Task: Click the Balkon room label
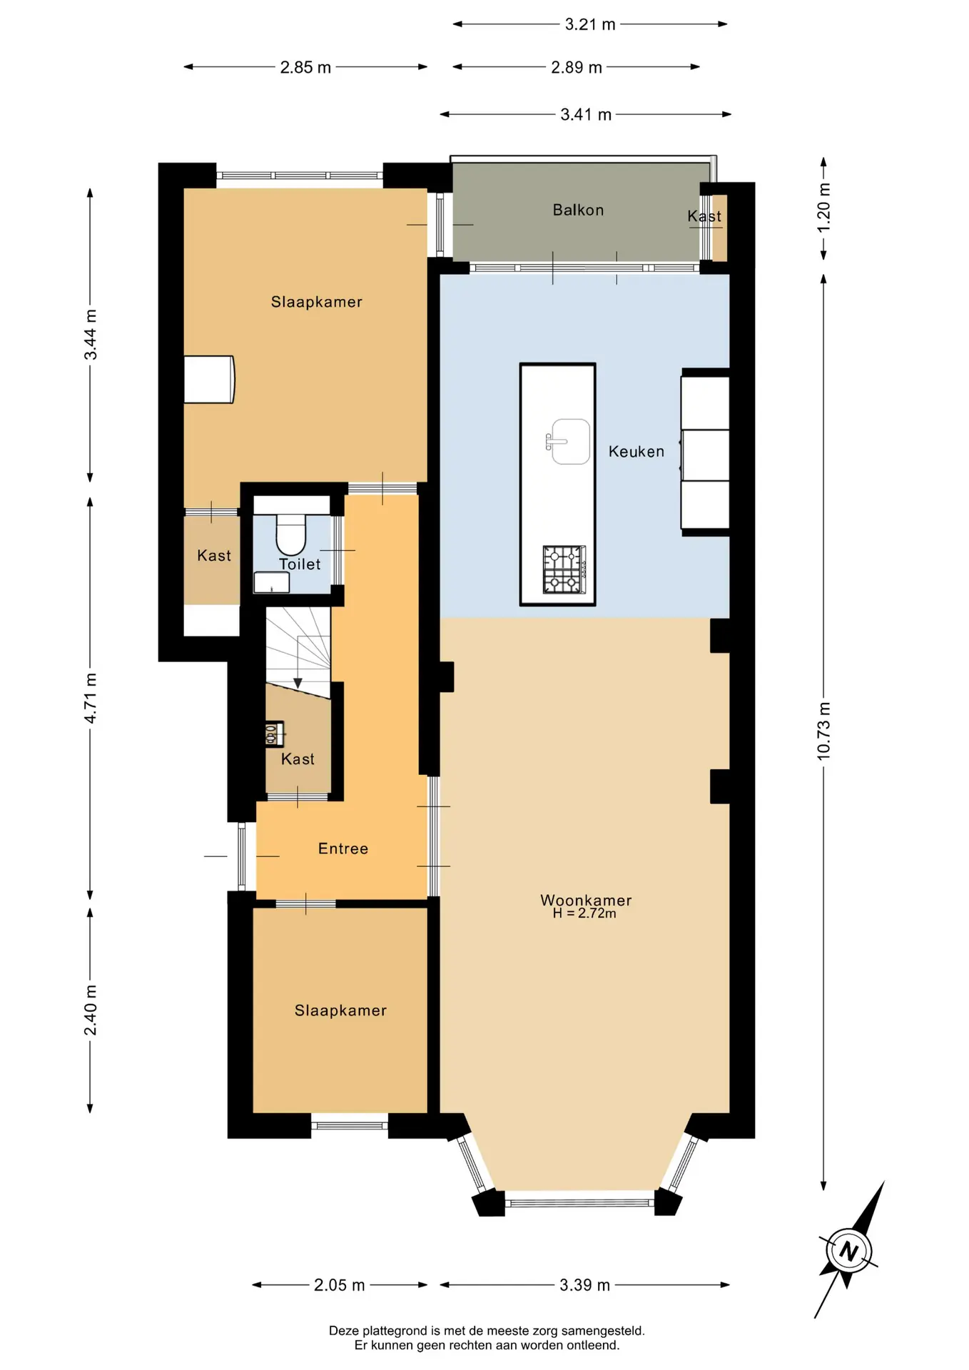(578, 210)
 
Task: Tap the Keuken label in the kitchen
(636, 451)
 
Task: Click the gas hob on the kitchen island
(564, 569)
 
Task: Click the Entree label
(343, 848)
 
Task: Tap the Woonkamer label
(586, 900)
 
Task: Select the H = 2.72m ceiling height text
(584, 913)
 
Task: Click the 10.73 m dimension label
(823, 731)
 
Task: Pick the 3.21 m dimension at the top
(590, 24)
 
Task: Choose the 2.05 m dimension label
(340, 1285)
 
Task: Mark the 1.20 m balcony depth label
(823, 208)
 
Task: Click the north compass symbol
(849, 1251)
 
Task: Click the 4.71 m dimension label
(91, 698)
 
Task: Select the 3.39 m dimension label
(585, 1285)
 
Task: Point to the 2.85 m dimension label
(305, 67)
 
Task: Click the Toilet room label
(300, 564)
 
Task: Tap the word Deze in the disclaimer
(344, 1331)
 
